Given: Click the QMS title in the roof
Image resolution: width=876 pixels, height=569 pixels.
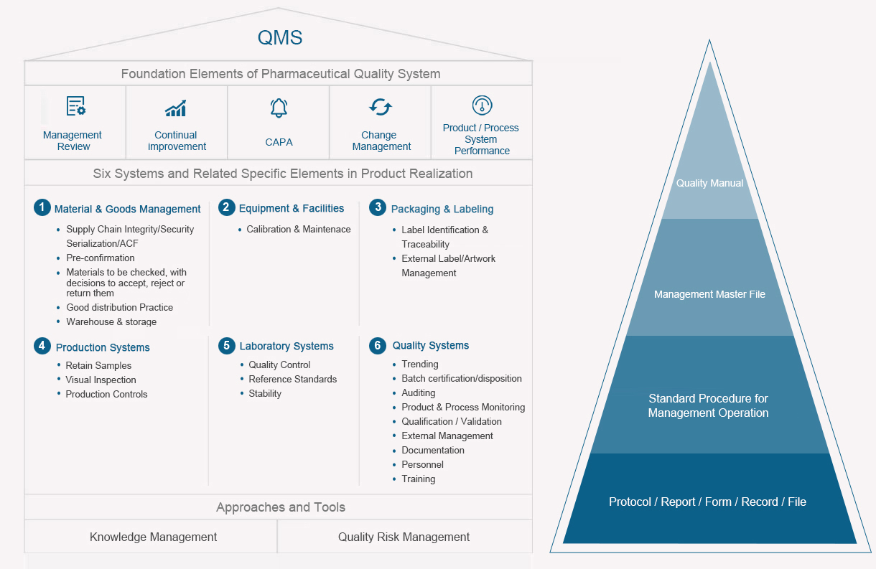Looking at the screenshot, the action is click(x=279, y=37).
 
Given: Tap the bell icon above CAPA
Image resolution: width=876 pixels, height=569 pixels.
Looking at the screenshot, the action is click(x=279, y=108).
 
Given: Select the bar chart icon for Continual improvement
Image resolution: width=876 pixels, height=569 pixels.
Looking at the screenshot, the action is click(x=176, y=108).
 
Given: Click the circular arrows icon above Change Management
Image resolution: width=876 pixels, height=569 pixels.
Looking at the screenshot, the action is click(x=381, y=107).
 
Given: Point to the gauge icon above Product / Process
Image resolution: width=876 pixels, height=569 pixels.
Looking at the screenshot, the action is click(x=482, y=105).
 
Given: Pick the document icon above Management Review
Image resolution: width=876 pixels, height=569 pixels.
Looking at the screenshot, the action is click(x=75, y=106).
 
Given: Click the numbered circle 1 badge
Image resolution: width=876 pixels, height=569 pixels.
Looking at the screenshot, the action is click(x=42, y=207).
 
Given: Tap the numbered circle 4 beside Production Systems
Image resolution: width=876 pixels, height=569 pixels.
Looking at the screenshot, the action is click(x=42, y=346).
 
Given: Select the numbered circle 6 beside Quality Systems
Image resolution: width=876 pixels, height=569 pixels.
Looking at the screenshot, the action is click(x=378, y=346).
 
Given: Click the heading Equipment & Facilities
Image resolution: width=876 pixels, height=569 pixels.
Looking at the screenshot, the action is click(x=292, y=208).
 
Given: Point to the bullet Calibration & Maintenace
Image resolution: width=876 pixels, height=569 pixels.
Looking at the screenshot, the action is click(x=299, y=230).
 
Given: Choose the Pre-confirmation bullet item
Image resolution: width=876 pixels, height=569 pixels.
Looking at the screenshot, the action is click(x=100, y=258).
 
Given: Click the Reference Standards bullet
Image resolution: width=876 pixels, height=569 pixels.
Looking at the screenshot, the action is click(x=292, y=379).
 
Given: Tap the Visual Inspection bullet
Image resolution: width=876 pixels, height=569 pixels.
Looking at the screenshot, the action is click(x=101, y=380).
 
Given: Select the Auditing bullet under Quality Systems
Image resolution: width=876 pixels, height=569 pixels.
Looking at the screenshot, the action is click(x=418, y=392).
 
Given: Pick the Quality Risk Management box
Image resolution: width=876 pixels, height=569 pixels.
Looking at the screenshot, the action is click(x=405, y=536).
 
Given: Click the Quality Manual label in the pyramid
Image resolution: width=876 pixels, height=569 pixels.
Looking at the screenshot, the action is click(x=709, y=183).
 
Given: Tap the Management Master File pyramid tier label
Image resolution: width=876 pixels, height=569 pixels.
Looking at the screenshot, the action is click(x=709, y=294).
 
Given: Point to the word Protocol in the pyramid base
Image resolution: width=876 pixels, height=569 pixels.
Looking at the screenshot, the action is click(x=630, y=502).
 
